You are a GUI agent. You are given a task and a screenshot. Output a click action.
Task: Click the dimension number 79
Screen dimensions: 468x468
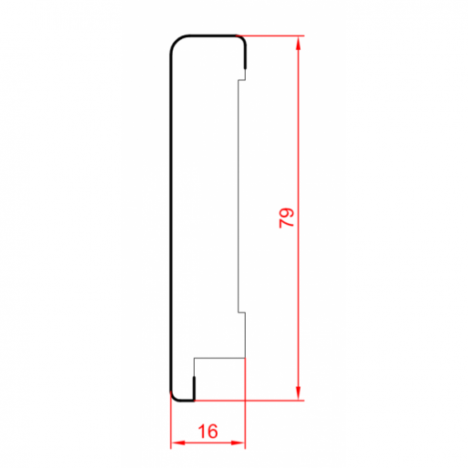coord(287,218)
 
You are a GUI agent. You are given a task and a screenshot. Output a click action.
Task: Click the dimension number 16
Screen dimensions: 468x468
coord(208,431)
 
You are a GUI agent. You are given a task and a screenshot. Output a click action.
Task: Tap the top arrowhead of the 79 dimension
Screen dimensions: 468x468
coord(299,43)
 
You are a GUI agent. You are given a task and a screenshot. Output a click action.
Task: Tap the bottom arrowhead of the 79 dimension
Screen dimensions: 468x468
coord(299,393)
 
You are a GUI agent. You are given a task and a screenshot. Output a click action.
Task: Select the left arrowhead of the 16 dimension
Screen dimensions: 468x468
coord(178,443)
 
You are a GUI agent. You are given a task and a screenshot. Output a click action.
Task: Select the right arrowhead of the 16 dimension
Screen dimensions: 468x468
coord(238,443)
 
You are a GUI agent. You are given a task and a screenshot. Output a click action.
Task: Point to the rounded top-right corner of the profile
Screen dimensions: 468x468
coord(242,39)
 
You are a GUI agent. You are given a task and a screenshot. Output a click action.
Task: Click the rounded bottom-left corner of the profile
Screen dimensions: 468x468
coord(174,398)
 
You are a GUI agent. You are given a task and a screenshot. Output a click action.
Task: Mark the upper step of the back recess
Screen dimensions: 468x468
coord(241,80)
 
